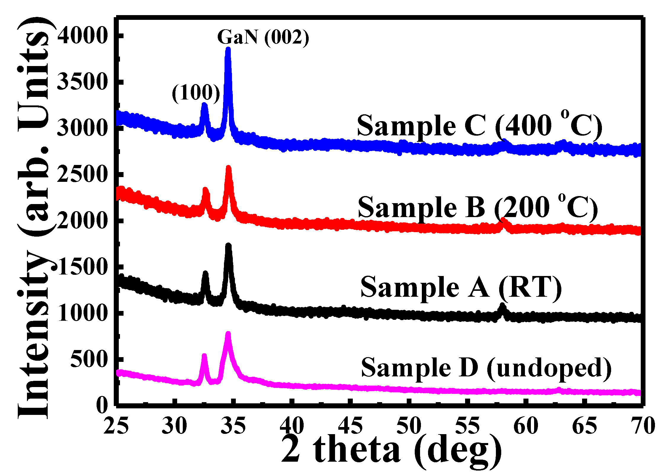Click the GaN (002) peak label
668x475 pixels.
pyautogui.click(x=263, y=38)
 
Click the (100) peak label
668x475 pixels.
pyautogui.click(x=196, y=93)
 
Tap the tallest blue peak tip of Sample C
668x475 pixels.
pyautogui.click(x=228, y=49)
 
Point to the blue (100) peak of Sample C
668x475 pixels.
pyautogui.click(x=204, y=105)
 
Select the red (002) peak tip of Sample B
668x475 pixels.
pyautogui.click(x=228, y=168)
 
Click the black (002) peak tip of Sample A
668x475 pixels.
pyautogui.click(x=228, y=245)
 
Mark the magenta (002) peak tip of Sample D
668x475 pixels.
pyautogui.click(x=228, y=334)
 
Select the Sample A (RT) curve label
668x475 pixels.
pyautogui.click(x=461, y=287)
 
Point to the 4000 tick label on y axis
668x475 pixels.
pyautogui.click(x=82, y=36)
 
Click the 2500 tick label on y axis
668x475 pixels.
pyautogui.click(x=82, y=174)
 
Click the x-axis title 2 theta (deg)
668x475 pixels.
pyautogui.click(x=391, y=452)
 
